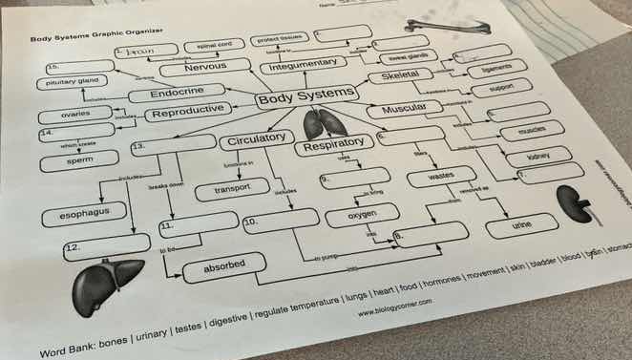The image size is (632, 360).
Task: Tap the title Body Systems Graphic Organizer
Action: tap(94, 35)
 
